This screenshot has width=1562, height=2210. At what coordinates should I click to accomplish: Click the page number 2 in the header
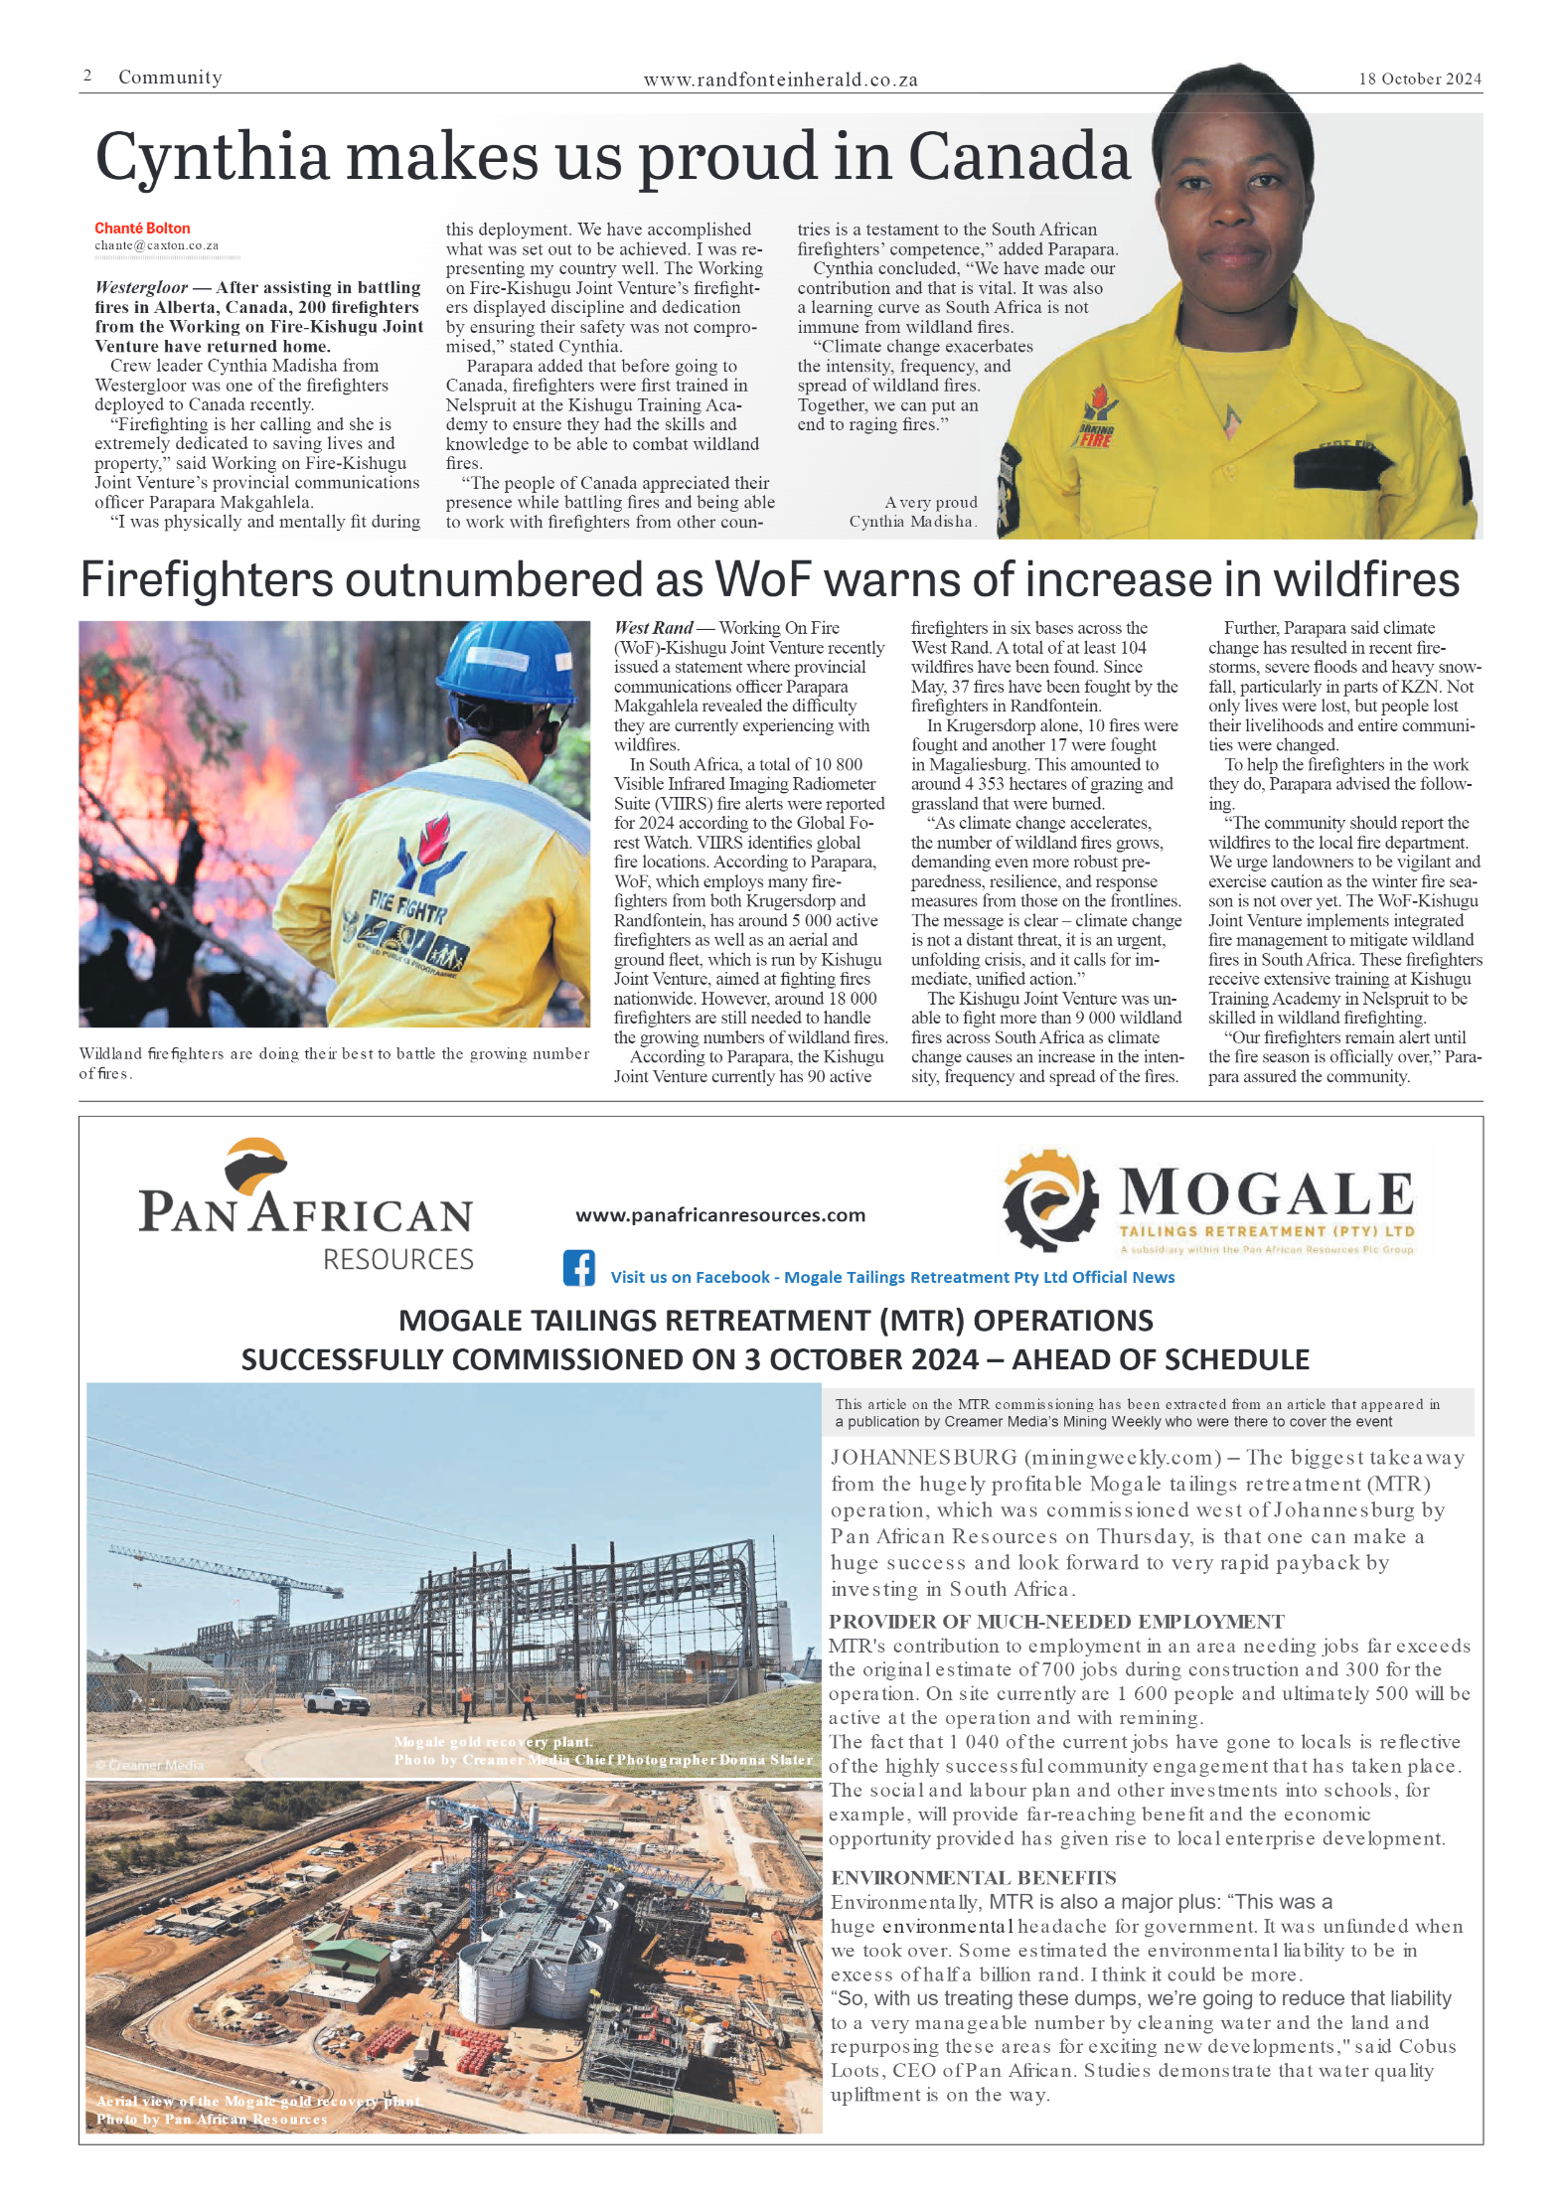click(87, 77)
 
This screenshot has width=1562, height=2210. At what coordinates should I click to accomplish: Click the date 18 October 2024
click(1419, 79)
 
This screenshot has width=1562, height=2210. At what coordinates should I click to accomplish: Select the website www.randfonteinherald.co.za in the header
click(780, 80)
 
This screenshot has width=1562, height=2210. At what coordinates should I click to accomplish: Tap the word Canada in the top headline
click(1018, 157)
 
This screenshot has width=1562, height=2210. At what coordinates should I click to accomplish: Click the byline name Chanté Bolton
click(142, 229)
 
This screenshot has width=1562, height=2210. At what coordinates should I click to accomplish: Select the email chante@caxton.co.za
click(156, 245)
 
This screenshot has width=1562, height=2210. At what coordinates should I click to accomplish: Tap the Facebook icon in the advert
click(579, 1268)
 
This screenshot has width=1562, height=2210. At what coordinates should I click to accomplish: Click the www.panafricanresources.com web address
click(720, 1214)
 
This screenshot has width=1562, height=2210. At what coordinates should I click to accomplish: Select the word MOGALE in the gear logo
click(1266, 1192)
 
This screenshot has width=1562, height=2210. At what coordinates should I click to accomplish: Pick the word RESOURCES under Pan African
click(397, 1260)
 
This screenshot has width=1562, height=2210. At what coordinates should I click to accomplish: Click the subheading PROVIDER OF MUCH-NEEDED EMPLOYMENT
click(1056, 1622)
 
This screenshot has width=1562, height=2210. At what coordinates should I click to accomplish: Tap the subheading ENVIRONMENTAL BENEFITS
click(973, 1877)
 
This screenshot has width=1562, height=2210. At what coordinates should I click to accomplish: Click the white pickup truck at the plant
click(337, 1699)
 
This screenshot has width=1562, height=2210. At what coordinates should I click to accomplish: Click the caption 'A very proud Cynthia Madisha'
click(914, 512)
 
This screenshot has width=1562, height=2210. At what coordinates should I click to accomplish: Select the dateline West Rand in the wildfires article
click(653, 628)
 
